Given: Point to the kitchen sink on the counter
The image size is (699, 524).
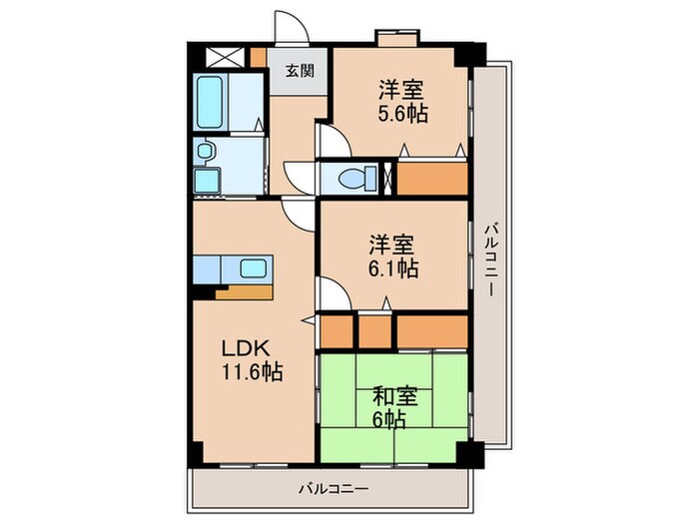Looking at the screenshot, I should (252, 268).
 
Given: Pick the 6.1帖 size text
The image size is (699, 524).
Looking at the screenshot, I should (393, 267).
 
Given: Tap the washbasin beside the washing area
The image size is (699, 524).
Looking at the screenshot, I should (205, 152).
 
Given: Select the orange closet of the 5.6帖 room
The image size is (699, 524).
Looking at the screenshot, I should (433, 178).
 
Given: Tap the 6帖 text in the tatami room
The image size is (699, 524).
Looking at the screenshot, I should (392, 420).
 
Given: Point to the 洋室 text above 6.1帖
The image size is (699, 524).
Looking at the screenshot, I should (393, 244).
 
